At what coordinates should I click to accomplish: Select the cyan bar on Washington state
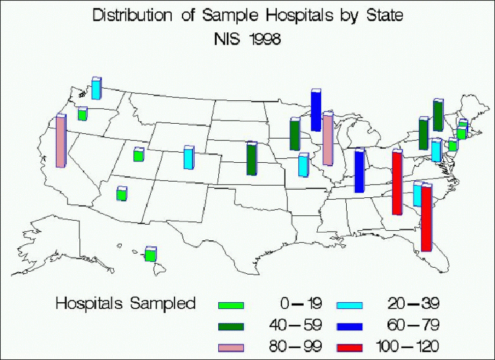click(96, 88)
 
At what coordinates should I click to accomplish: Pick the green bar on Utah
click(138, 155)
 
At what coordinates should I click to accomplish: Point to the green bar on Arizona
click(121, 194)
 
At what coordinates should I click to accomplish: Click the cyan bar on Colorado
click(189, 157)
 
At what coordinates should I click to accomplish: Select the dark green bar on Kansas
click(251, 159)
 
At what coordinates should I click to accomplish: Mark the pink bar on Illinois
click(327, 139)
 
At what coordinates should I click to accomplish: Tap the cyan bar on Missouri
click(303, 165)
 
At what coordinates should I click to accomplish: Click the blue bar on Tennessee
click(359, 171)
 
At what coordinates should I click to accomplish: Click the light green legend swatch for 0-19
click(232, 305)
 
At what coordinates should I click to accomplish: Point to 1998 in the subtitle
click(263, 39)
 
